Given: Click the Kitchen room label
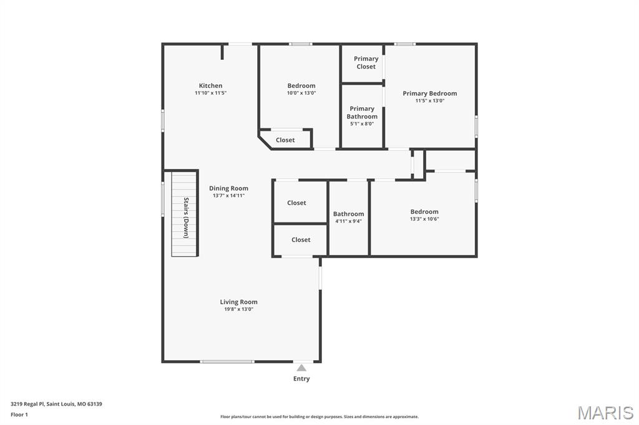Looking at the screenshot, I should [x=210, y=86].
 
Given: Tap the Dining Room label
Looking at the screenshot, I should [x=228, y=188].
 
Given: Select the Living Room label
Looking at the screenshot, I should [x=238, y=302].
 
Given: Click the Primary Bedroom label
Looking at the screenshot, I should [x=429, y=93].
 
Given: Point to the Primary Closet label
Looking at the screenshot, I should [x=366, y=63].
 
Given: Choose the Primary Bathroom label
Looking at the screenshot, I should [x=362, y=113].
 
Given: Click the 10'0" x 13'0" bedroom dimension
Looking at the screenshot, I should [x=301, y=93].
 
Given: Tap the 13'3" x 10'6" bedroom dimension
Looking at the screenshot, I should [x=424, y=219].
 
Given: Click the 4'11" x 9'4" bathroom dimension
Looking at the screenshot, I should [x=348, y=221].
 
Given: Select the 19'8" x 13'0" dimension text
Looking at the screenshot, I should [x=238, y=309].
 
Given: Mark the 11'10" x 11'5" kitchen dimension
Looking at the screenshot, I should [x=210, y=93].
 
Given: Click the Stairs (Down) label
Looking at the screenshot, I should [x=186, y=217].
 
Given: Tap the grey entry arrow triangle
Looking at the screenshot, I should [x=301, y=368].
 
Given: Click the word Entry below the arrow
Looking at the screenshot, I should [x=301, y=379].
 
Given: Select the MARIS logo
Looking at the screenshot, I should [x=605, y=413].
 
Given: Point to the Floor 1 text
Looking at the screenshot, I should [x=19, y=414].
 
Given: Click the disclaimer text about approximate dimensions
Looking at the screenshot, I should [x=319, y=417].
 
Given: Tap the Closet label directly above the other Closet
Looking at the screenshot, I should [x=296, y=203].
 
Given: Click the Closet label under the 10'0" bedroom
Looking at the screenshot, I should [x=285, y=140].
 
